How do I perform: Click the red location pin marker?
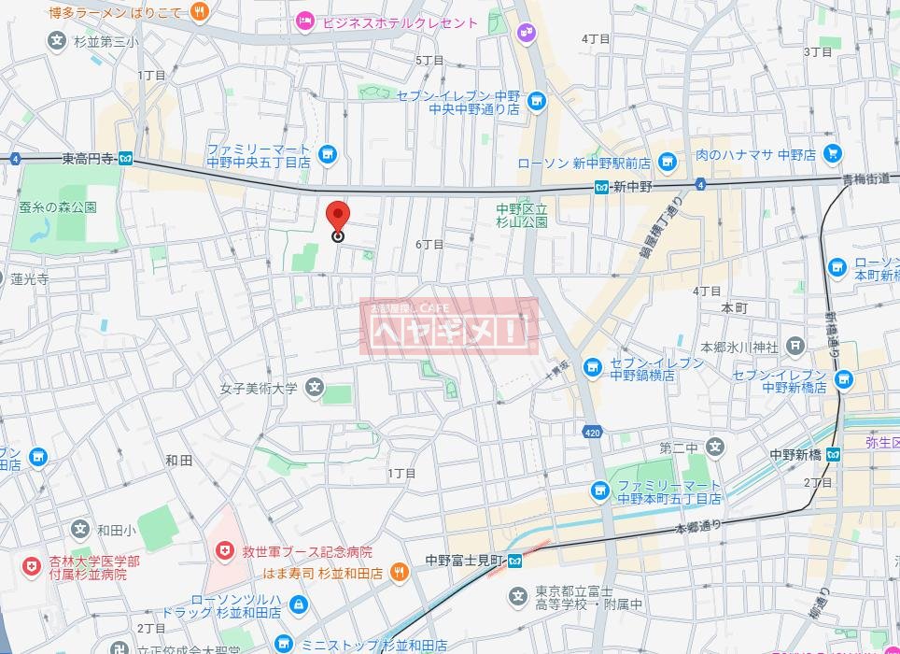click(x=338, y=217)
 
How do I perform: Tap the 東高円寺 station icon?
click(x=126, y=160)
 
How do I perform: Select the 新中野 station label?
click(x=631, y=188)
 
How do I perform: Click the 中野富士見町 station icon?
click(x=515, y=562)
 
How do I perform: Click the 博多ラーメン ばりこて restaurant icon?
click(x=199, y=11)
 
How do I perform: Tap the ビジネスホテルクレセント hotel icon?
click(x=304, y=20)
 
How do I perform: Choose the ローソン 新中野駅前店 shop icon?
click(x=667, y=163)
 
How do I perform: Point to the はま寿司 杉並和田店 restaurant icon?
click(x=398, y=572)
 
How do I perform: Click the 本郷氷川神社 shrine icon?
click(x=795, y=347)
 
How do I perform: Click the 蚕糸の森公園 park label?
click(x=58, y=207)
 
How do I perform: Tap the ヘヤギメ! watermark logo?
click(x=449, y=327)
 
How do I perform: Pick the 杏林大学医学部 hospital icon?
click(x=33, y=567)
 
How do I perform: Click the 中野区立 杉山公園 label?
click(x=522, y=216)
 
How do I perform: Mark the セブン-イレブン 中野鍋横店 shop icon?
click(x=592, y=368)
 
